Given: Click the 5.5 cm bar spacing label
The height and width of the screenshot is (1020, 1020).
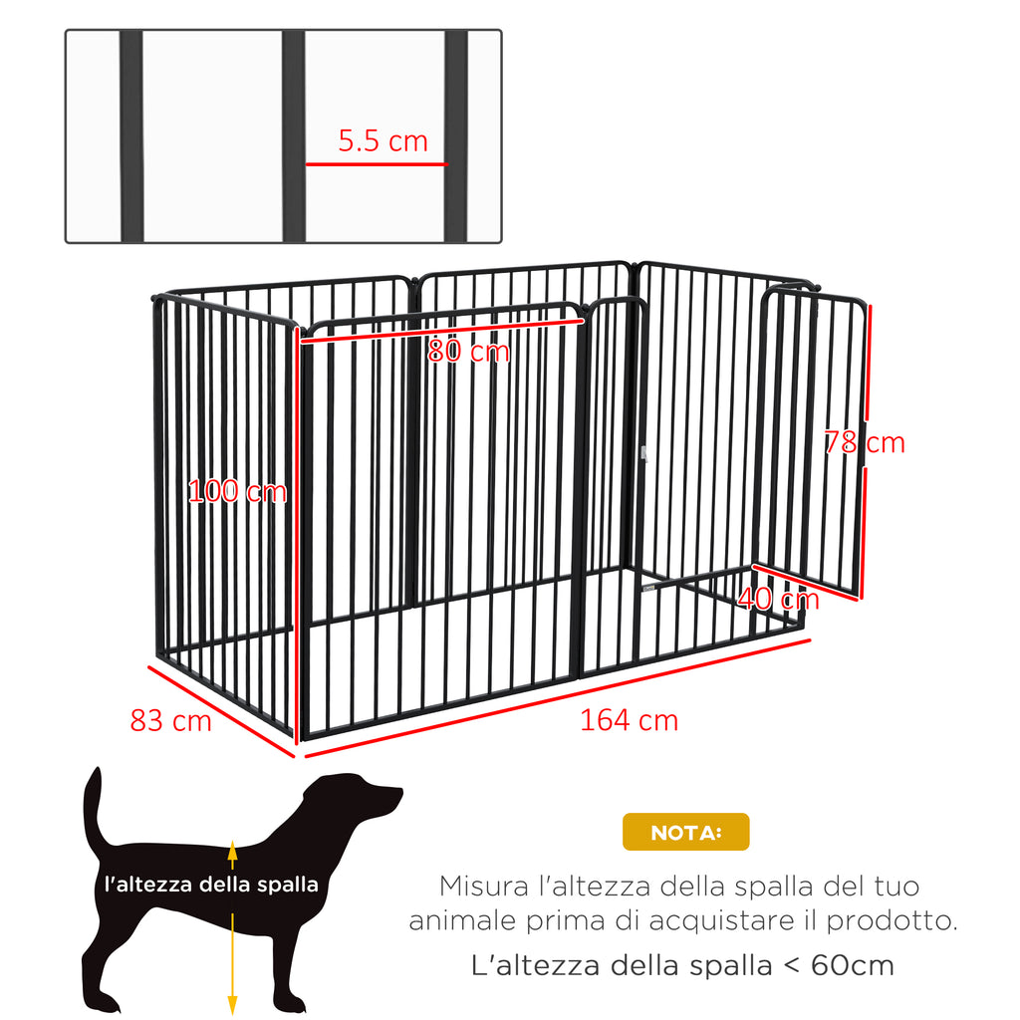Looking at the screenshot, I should (382, 140).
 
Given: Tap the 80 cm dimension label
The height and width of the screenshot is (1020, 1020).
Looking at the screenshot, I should (468, 352).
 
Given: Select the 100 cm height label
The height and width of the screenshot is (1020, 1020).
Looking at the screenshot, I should (237, 491).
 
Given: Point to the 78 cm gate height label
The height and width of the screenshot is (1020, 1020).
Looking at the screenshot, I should (865, 442).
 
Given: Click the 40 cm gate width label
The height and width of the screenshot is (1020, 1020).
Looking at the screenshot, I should (779, 599).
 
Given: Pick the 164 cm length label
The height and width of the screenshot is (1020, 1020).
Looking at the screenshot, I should (629, 720).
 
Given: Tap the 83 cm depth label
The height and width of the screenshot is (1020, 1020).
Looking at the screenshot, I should (170, 719).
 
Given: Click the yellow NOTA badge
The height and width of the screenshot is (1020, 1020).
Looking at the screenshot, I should (685, 832).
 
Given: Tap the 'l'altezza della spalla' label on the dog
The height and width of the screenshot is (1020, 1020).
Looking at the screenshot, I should (211, 884).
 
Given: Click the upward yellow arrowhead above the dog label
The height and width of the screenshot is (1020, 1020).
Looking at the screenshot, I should (232, 849).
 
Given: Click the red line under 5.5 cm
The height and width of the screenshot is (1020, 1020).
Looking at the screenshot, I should (377, 164).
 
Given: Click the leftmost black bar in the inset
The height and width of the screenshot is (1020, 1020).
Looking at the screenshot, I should (131, 135).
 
